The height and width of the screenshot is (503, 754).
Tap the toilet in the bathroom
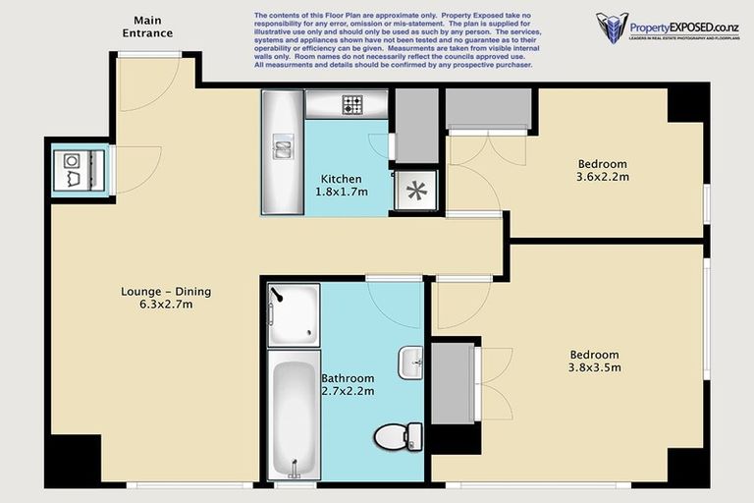pyautogui.click(x=398, y=436)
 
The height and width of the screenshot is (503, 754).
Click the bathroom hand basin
pyautogui.click(x=410, y=363)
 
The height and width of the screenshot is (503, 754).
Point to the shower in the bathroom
pyautogui.click(x=294, y=313)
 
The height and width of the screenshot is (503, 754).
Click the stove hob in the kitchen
pyautogui.click(x=351, y=104)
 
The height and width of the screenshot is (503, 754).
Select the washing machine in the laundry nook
pyautogui.click(x=73, y=170)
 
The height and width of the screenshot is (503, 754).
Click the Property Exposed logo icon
pyautogui.click(x=612, y=28)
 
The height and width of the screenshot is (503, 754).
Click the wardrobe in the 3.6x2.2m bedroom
pyautogui.click(x=489, y=109)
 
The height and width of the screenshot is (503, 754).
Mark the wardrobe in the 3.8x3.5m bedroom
pyautogui.click(x=452, y=382)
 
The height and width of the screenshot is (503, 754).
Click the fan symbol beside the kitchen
pyautogui.click(x=414, y=190)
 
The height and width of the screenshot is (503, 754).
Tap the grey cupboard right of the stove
pyautogui.click(x=416, y=125)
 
